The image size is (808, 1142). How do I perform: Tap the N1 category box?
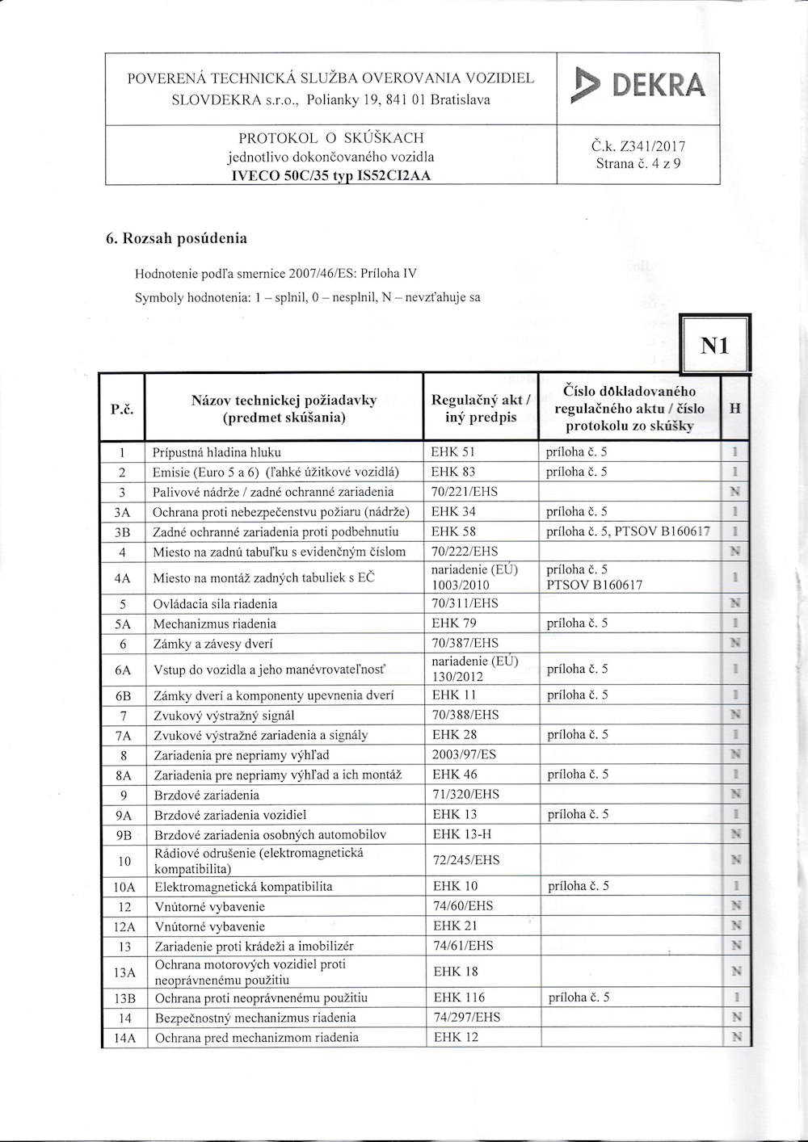point(715,346)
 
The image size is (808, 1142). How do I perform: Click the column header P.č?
point(121,409)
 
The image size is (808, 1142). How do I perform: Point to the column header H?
point(734,409)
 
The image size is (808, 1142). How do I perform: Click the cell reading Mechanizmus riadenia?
point(214,623)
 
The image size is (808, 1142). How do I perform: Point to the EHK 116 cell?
point(459,997)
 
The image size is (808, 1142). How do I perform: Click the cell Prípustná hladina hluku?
point(217,452)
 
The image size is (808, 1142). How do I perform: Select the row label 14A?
point(124,1038)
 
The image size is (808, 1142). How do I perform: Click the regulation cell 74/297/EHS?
point(467,1018)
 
